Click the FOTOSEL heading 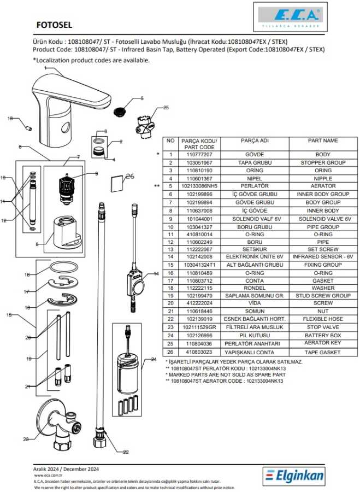pos(54,25)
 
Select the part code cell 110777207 pos(199,155)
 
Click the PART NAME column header pos(323,140)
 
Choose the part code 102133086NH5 pos(199,186)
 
